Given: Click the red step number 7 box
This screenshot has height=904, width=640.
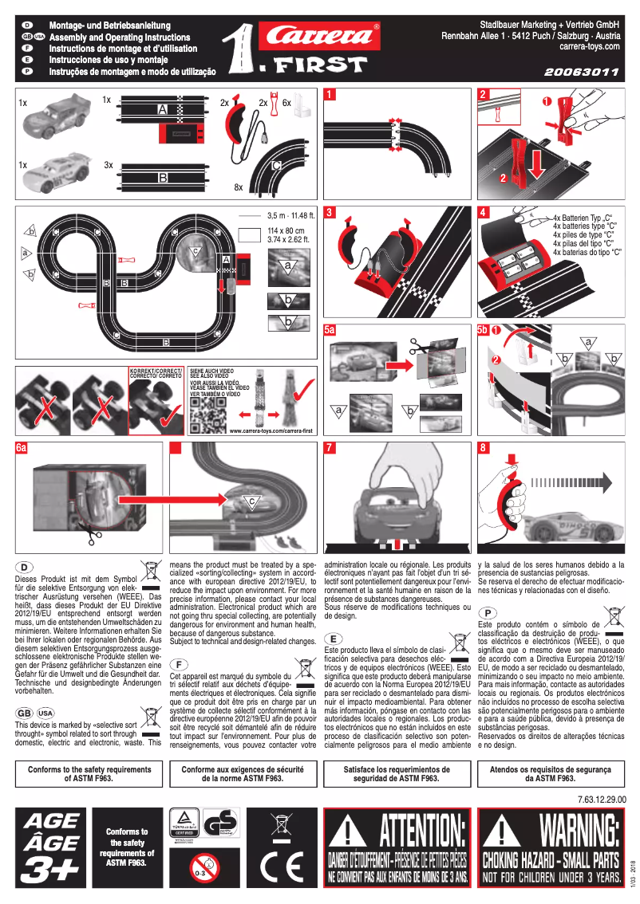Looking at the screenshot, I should pyautogui.click(x=330, y=448).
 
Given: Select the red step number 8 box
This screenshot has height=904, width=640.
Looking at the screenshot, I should pyautogui.click(x=483, y=448).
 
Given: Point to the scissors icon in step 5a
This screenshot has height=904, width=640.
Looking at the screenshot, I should pyautogui.click(x=419, y=348).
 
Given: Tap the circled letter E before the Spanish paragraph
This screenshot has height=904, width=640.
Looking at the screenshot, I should pyautogui.click(x=334, y=639).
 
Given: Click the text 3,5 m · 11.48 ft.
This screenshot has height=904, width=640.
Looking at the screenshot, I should pyautogui.click(x=291, y=215).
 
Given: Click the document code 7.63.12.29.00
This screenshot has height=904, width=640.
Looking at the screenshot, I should pyautogui.click(x=601, y=798).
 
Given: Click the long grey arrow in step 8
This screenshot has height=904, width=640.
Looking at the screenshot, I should pyautogui.click(x=571, y=481).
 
